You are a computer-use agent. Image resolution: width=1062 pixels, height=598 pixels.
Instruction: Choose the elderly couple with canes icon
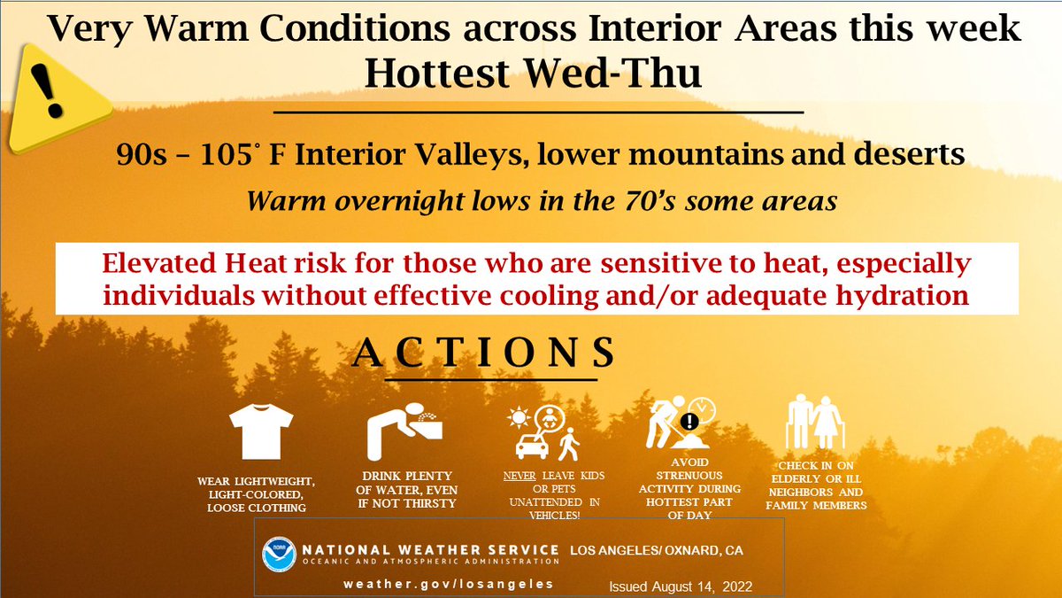813,424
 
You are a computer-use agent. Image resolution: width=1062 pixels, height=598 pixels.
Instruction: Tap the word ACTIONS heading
484,353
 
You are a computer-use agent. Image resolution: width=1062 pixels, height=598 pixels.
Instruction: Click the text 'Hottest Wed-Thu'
533,74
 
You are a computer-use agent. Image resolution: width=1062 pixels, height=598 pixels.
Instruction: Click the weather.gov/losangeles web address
450,584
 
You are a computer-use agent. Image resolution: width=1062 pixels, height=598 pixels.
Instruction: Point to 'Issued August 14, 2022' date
679,586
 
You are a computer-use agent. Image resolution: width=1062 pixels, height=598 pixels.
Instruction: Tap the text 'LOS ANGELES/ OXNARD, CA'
657,550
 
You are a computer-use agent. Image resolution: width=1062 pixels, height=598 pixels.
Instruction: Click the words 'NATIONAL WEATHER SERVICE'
431,550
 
